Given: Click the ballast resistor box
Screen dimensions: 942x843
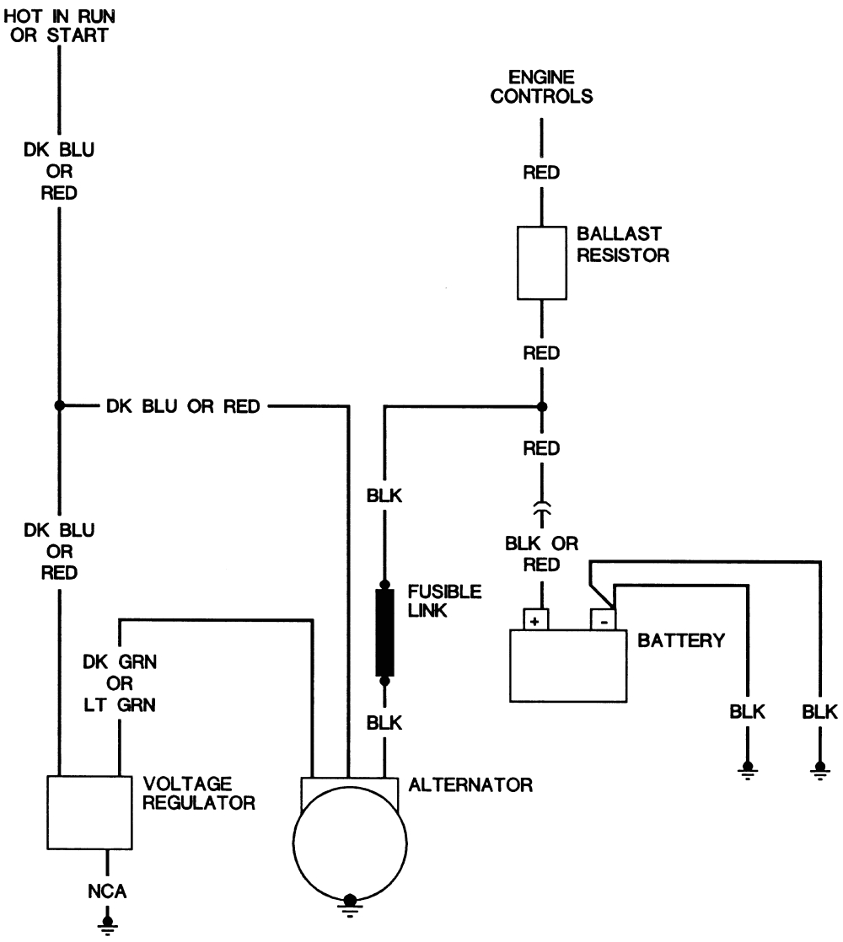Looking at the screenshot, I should click(x=540, y=262).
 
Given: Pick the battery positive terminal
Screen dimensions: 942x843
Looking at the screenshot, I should click(x=534, y=620).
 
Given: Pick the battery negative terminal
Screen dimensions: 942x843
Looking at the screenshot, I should click(x=604, y=620).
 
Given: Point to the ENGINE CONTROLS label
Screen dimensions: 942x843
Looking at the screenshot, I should click(x=542, y=87).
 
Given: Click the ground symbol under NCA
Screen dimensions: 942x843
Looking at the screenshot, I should click(x=106, y=924).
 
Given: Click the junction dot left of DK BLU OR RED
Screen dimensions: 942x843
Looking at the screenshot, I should click(x=59, y=406).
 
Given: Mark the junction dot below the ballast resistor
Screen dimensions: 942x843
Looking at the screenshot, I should click(x=542, y=406).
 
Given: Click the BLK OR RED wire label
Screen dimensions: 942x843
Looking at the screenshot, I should click(x=542, y=554).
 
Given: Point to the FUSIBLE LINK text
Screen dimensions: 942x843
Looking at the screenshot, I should click(x=443, y=601).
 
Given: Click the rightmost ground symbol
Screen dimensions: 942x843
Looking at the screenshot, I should click(x=819, y=770).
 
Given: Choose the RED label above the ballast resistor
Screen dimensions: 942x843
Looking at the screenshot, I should click(x=542, y=173).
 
